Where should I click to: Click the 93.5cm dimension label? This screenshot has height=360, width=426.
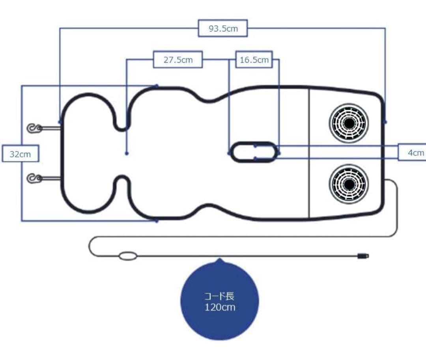(x=223, y=28)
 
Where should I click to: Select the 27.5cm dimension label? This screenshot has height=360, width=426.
(x=178, y=60)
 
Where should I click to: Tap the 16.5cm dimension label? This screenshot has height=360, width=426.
(x=254, y=60)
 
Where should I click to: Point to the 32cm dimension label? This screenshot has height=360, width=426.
(x=20, y=154)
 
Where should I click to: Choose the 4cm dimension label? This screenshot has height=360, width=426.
(x=415, y=153)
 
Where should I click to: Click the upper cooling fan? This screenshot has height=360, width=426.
(x=348, y=123)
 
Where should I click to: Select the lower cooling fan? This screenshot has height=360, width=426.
(x=348, y=184)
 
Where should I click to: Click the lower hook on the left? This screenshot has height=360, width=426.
(x=35, y=179)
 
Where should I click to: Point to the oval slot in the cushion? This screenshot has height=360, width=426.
(x=254, y=152)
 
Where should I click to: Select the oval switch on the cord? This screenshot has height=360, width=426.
(x=128, y=257)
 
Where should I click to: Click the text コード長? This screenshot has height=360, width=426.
(x=220, y=296)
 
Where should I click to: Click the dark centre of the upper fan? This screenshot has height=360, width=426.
(x=348, y=123)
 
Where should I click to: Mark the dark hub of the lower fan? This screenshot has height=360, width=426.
(x=348, y=184)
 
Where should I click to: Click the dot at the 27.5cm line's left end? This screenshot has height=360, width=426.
(x=127, y=153)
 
